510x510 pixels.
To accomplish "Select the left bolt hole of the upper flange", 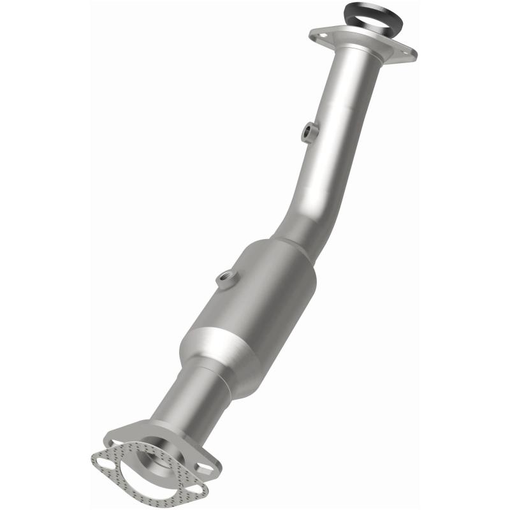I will click(x=321, y=35).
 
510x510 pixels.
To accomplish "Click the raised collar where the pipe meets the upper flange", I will click(x=357, y=54).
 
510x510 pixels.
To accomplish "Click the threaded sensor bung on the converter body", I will click(x=226, y=277).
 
